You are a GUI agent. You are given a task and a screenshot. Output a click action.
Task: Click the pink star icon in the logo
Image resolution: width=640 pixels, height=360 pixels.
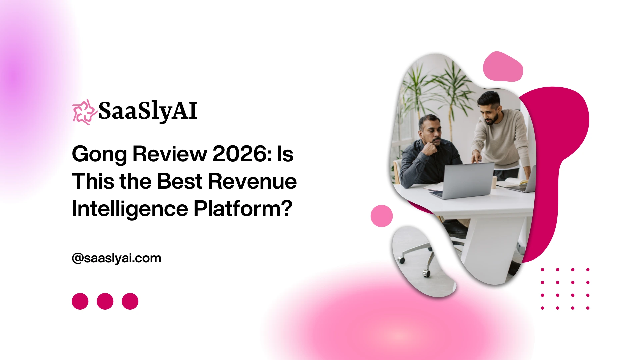[84, 112]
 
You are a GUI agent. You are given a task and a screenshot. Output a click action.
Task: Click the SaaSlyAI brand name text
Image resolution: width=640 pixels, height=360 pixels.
[148, 111]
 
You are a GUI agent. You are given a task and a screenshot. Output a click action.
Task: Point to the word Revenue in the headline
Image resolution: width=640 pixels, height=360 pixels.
[252, 181]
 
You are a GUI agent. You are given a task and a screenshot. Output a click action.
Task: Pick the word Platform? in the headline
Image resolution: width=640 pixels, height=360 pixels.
[243, 209]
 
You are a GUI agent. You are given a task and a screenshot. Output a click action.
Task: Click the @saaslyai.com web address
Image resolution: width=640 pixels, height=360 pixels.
[117, 258]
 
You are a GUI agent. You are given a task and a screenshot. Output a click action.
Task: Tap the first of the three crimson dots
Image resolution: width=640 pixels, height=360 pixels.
[80, 301]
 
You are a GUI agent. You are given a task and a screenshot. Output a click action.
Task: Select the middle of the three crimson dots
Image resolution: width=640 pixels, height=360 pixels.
[105, 301]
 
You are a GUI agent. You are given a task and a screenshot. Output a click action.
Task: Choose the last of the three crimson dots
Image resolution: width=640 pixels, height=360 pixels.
[130, 301]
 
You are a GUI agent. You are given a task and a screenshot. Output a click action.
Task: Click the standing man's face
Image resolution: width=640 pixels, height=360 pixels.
[489, 111]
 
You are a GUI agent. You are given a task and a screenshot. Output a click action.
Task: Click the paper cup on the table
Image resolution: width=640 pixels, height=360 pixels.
[494, 182]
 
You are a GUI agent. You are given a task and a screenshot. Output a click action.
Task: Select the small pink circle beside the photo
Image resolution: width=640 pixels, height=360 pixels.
[382, 216]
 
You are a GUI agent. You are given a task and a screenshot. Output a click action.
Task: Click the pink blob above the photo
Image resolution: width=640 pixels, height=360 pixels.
[503, 67]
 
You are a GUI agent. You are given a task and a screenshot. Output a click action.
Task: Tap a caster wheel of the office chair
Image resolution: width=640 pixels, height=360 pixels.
[426, 273]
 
